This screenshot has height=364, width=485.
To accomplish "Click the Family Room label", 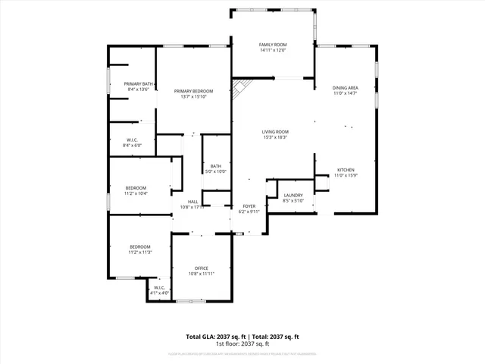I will pos(273,45).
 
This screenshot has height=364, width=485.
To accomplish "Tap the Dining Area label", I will pos(345,88).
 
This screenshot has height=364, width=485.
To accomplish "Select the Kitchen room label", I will pos(345,170).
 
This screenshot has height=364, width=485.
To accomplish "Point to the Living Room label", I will pos(275,132).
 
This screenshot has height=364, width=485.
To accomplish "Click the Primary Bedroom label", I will pos(192,91).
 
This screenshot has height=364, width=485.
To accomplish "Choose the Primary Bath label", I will pos(139,83).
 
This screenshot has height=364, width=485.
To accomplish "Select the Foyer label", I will pos(249,206).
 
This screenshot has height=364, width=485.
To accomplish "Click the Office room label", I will pos(201,268).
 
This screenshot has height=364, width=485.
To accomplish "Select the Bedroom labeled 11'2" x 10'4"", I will pos(136,187).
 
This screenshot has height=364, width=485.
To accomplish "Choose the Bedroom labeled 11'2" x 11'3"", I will pos(139,246).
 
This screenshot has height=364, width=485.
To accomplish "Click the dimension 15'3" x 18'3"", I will pos(275,137).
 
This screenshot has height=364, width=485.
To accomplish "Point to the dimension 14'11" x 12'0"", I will pos(273,50).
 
